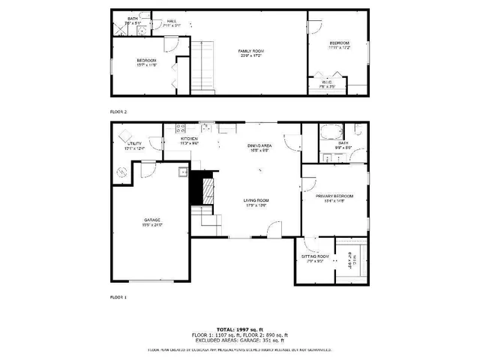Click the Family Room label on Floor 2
[251, 52]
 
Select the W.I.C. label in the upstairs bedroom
[328, 83]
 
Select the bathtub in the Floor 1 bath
[328, 134]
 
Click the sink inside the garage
[182, 172]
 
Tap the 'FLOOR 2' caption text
[118, 111]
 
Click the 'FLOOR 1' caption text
[118, 298]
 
